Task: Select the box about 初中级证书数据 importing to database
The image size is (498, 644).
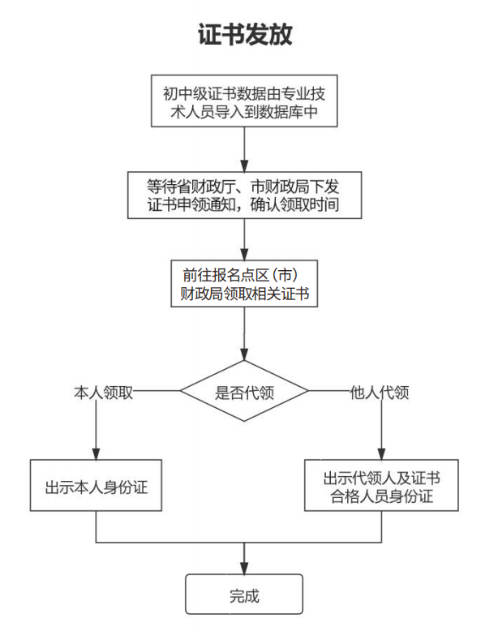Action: click(244, 101)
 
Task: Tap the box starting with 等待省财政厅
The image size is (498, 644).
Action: click(244, 194)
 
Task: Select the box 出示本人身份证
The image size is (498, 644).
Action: click(97, 487)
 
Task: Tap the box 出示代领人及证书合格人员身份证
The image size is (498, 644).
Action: click(382, 486)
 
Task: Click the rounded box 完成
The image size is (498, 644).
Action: click(244, 595)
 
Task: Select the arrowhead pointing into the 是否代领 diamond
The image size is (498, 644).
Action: click(244, 354)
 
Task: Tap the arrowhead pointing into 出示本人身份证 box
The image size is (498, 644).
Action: click(97, 454)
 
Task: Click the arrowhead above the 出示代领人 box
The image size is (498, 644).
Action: click(382, 454)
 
